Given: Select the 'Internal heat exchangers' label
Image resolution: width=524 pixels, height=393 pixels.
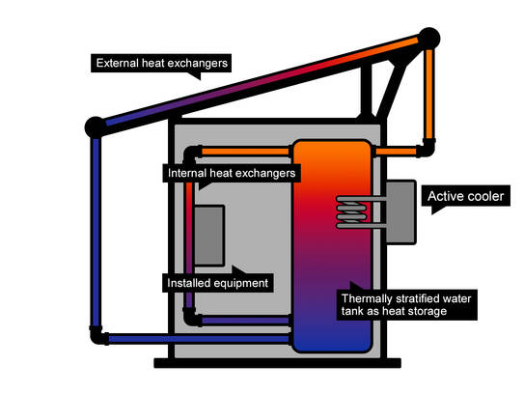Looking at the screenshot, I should pos(231,174).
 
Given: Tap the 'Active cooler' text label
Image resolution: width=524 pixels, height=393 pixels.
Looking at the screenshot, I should pos(466,197).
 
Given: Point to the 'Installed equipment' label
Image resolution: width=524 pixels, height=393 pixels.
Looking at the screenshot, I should pos(217,283).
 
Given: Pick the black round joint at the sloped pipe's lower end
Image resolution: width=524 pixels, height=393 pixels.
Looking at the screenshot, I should pos(96,126).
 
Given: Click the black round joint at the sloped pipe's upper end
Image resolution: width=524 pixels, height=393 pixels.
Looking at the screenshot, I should pos(429,39).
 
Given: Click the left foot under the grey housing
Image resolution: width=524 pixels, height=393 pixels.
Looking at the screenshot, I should pos(169,363).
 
